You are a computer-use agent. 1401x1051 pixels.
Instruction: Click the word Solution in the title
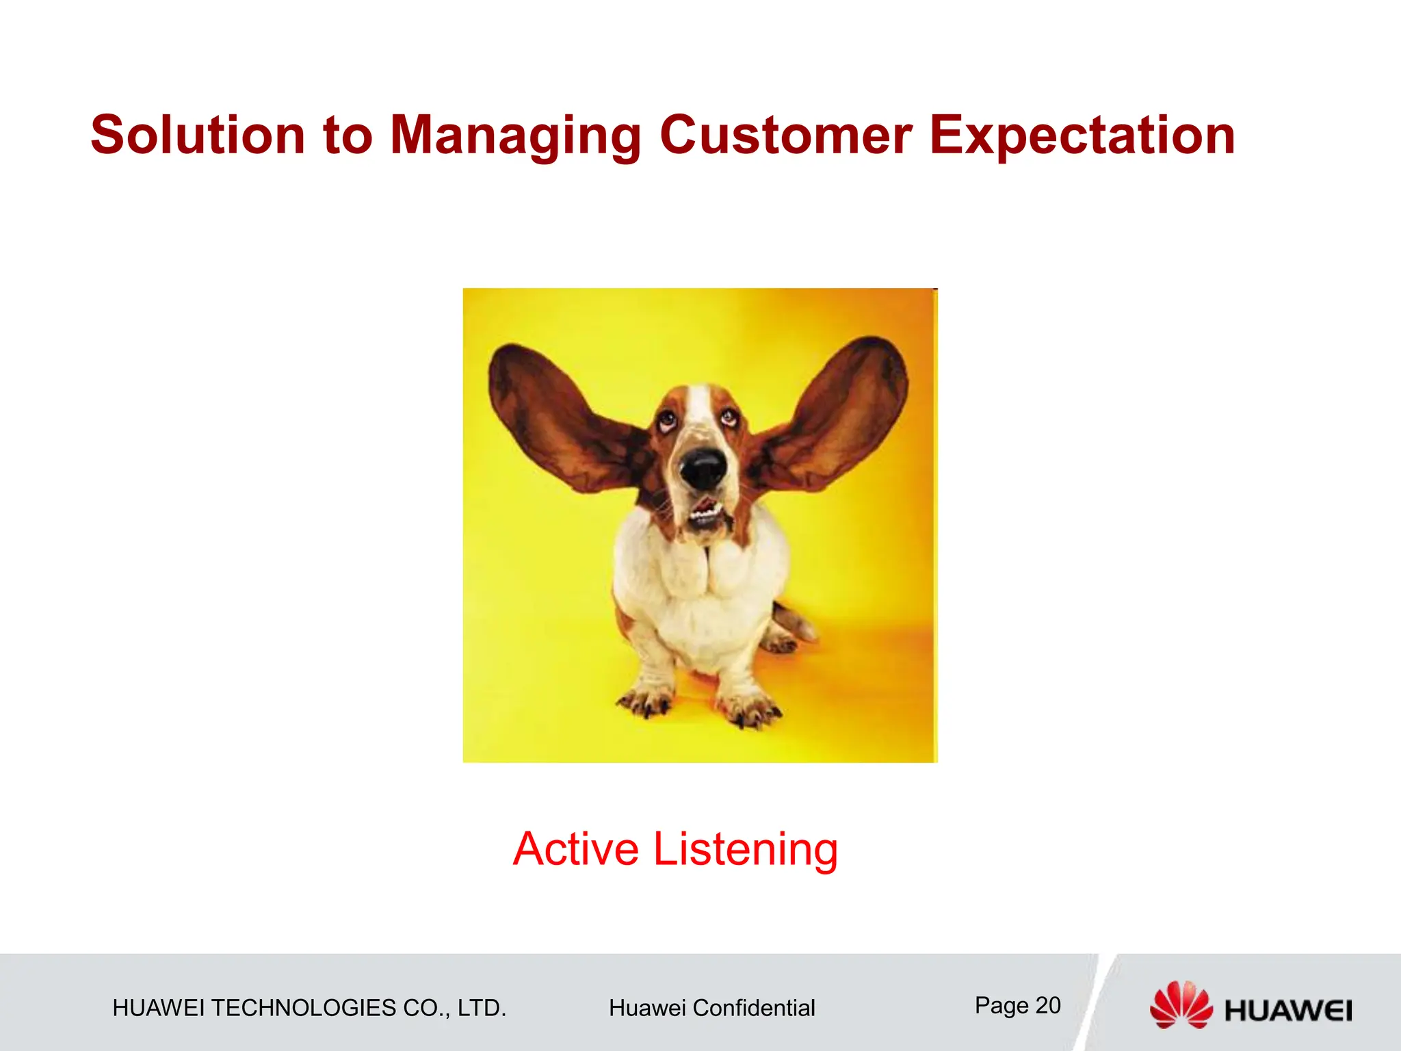[198, 135]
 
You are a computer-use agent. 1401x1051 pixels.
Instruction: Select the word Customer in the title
[785, 135]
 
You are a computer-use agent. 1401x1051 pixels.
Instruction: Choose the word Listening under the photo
[745, 851]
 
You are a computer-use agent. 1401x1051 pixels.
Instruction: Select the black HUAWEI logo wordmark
[1288, 1011]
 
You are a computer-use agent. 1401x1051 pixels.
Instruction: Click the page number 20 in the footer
[1047, 1005]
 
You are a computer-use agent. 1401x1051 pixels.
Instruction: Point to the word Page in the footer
[1001, 1005]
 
